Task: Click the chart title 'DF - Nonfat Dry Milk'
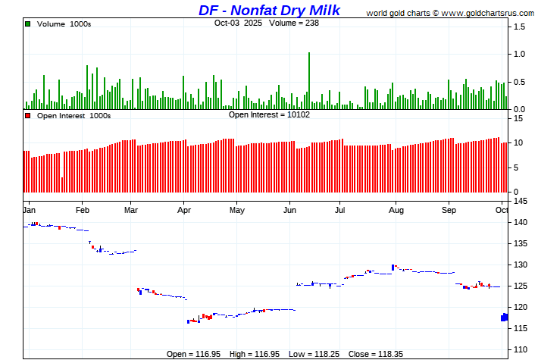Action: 270,10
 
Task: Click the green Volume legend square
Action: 28,24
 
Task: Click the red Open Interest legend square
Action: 28,116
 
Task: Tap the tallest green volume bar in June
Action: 309,80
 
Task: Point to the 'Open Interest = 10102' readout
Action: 269,114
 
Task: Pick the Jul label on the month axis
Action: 341,208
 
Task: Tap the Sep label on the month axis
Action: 449,208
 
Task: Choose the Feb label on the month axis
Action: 83,208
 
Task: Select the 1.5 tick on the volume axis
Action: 520,27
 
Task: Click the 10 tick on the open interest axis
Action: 518,142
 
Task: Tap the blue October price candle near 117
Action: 505,317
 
